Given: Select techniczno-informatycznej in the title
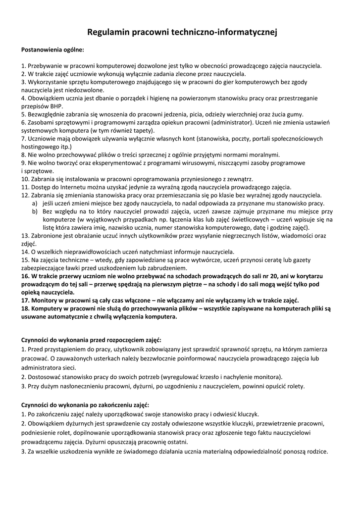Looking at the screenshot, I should pyautogui.click(x=225, y=32).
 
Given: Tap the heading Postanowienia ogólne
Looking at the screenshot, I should pyautogui.click(x=52, y=50).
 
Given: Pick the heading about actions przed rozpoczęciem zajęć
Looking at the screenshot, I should pyautogui.click(x=91, y=340).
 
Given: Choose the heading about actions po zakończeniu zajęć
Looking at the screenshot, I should pyautogui.click(x=85, y=405).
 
